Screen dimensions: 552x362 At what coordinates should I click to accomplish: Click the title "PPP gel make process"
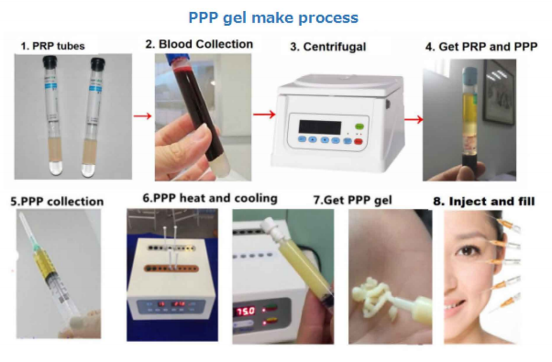(273, 18)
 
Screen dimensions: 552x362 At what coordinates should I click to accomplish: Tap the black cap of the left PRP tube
(50, 62)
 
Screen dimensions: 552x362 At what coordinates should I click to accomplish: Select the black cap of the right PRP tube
(97, 63)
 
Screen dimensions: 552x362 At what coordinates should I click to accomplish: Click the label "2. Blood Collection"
(199, 44)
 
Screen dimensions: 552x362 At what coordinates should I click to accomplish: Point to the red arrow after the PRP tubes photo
(142, 115)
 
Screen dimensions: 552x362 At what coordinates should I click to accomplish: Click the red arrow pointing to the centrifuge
(264, 115)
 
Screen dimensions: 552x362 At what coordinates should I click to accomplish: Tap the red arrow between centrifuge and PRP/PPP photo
(414, 119)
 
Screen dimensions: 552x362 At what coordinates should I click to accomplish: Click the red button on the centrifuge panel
(358, 142)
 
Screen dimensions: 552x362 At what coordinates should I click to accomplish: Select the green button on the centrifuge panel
(359, 126)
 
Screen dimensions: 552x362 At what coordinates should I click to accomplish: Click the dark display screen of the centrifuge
(320, 127)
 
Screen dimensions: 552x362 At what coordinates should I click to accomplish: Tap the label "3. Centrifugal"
(328, 47)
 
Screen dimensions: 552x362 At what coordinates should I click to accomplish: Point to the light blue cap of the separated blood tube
(469, 74)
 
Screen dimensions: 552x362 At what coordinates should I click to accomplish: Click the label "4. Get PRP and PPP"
(481, 47)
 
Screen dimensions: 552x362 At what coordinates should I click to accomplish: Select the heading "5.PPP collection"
(57, 202)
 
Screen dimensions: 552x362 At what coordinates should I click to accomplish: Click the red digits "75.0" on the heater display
(246, 312)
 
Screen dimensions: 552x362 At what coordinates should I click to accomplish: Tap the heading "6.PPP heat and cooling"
(210, 198)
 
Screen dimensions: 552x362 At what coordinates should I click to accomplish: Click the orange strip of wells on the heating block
(171, 269)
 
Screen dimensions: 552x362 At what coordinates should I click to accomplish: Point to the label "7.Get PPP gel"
(352, 200)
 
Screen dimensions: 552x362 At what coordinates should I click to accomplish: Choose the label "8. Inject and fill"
(484, 202)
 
